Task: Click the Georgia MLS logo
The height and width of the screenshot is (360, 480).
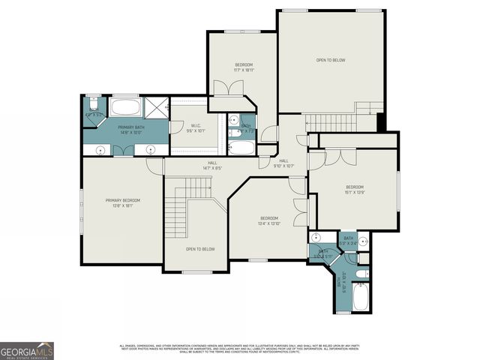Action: pyautogui.click(x=27, y=350)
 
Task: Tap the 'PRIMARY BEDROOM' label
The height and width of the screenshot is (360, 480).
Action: pyautogui.click(x=122, y=200)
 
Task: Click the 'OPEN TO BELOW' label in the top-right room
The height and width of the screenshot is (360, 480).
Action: pyautogui.click(x=330, y=60)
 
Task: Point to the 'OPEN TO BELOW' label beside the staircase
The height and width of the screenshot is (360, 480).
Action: pyautogui.click(x=200, y=249)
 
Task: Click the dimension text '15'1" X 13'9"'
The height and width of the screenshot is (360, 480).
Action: pyautogui.click(x=354, y=192)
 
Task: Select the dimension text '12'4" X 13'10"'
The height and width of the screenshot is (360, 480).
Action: pyautogui.click(x=268, y=223)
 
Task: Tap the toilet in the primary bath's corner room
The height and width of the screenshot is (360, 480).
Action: pyautogui.click(x=92, y=104)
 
